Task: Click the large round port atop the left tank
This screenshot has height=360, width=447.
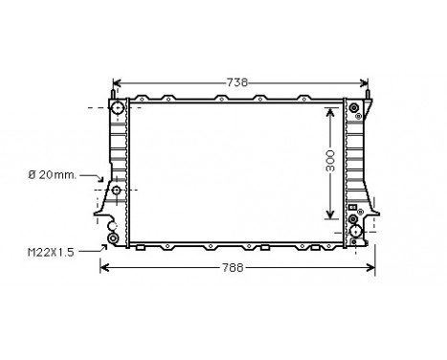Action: (x=118, y=108)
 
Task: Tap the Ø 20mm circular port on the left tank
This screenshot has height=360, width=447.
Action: (x=117, y=191)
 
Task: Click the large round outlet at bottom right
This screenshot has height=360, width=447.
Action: (x=356, y=231)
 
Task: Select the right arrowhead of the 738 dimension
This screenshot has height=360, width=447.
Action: (x=364, y=84)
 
